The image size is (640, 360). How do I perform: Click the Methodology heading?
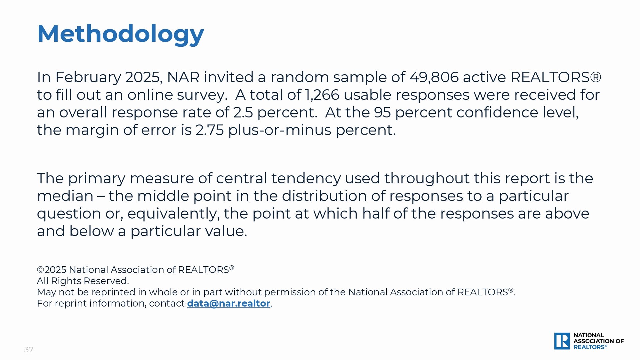tap(120, 34)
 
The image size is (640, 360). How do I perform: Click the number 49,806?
tap(434, 77)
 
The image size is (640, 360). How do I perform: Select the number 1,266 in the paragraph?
tap(322, 95)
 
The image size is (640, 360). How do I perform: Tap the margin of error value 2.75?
tap(209, 130)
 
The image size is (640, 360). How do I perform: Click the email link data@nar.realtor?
tap(229, 303)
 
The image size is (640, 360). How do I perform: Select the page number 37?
tap(29, 350)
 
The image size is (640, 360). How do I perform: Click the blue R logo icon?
tap(562, 341)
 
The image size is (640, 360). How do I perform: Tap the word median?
tap(65, 196)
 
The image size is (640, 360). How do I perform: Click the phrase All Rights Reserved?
tap(83, 281)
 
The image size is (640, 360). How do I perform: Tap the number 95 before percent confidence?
tap(382, 113)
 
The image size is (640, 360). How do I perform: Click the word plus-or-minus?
tap(280, 130)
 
